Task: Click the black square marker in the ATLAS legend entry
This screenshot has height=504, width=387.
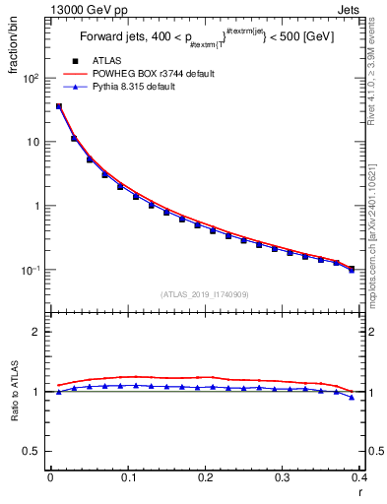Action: point(75,62)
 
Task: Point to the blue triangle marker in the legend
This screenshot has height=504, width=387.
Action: point(75,87)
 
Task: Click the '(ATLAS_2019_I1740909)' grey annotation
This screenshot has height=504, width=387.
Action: point(204,294)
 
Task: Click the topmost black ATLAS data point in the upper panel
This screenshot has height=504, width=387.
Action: point(59,106)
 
